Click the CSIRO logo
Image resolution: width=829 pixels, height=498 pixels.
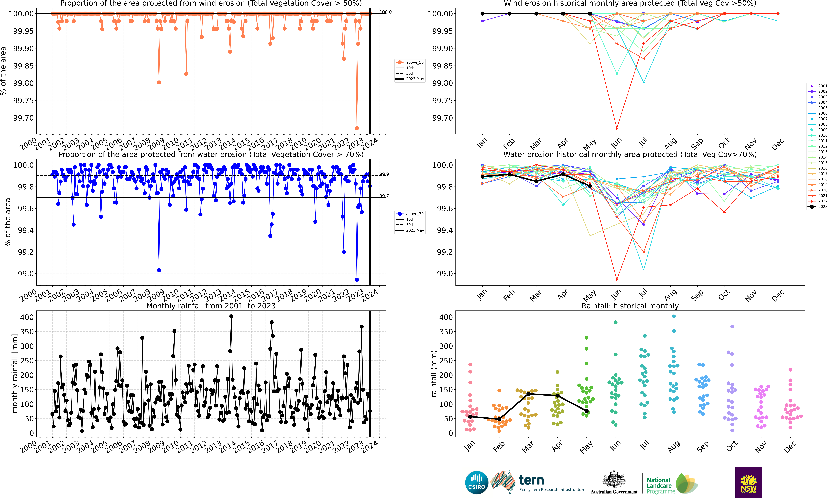click(x=476, y=483)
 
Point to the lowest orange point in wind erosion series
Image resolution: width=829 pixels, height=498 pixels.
click(x=357, y=128)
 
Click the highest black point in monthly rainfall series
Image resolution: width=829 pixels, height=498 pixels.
click(x=231, y=316)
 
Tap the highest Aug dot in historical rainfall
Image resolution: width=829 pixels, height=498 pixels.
click(x=674, y=316)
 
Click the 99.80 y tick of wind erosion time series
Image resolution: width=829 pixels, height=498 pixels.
click(x=23, y=83)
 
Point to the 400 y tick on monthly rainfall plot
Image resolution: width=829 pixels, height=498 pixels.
click(x=27, y=317)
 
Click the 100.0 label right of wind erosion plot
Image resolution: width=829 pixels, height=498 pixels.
click(x=386, y=12)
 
